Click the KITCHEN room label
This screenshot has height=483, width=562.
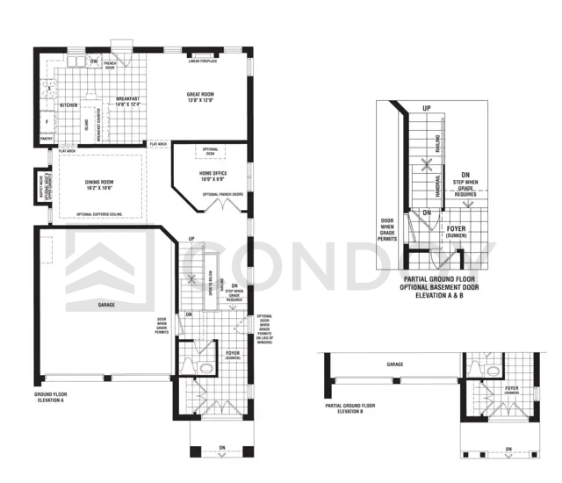click(69, 105)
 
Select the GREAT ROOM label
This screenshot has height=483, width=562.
click(201, 95)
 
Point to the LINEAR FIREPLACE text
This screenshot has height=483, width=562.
click(204, 61)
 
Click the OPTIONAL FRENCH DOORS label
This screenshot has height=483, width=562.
click(223, 193)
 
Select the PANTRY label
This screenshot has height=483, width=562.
click(47, 138)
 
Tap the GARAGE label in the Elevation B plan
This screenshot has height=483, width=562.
click(394, 363)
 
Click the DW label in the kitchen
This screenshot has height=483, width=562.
click(94, 61)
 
